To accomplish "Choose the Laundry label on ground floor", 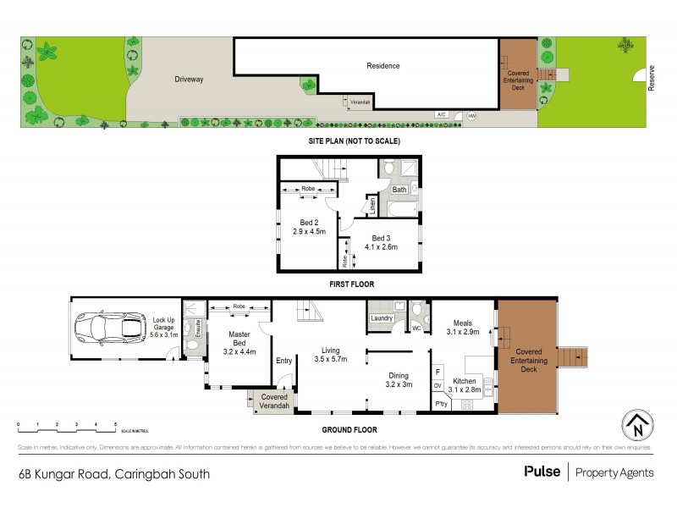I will (380, 318).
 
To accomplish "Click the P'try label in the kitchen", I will (440, 405).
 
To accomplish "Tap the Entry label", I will (283, 362).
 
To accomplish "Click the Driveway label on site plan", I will (190, 79).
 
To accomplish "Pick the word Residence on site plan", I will (383, 65).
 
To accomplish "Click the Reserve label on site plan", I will (652, 79).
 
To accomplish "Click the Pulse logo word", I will (541, 472).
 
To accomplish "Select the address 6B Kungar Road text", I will (114, 474).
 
